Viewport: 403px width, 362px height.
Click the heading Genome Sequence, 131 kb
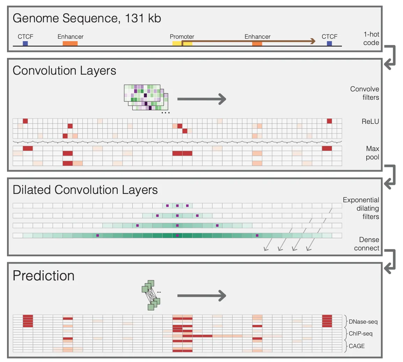tap(87, 18)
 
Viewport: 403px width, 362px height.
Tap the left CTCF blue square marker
tap(25, 44)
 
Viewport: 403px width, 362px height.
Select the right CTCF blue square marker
tap(329, 44)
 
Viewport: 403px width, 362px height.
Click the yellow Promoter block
tap(182, 44)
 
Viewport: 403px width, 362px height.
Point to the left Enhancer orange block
tap(70, 44)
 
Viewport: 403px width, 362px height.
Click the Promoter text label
tap(182, 37)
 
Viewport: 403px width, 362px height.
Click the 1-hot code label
tap(371, 38)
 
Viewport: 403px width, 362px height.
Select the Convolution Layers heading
tap(64, 71)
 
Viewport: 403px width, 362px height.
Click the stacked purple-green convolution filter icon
tap(146, 97)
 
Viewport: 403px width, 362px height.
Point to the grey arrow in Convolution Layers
tap(201, 99)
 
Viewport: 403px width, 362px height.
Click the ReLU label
tap(370, 122)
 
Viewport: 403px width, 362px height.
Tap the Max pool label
tap(372, 153)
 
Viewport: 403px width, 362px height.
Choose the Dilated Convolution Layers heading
tap(85, 190)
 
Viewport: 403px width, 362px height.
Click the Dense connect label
tap(367, 244)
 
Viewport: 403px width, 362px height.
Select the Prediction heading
tap(44, 276)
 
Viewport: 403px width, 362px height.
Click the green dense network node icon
tap(151, 295)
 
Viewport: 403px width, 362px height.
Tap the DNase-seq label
tap(363, 322)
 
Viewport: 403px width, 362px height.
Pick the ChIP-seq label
tap(361, 334)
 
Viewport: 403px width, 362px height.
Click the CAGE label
tap(357, 346)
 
